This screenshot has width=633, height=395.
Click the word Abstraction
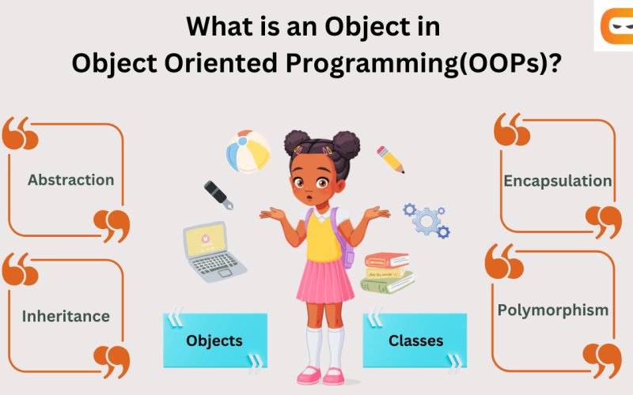tap(70, 180)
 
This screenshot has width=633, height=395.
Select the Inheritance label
tap(66, 317)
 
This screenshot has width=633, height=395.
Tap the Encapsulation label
tap(557, 181)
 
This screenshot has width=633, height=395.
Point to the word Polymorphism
tap(553, 310)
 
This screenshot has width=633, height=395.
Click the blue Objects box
tap(214, 340)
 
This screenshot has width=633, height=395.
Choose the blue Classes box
tap(415, 340)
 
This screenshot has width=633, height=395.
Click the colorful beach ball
tap(248, 152)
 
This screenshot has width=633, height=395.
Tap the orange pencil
tap(390, 159)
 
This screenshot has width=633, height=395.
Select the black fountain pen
tap(218, 195)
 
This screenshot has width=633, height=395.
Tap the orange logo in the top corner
tap(614, 27)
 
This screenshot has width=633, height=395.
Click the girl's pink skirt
tap(325, 281)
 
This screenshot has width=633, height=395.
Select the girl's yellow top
tap(324, 237)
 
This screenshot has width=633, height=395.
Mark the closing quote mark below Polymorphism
tap(602, 359)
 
